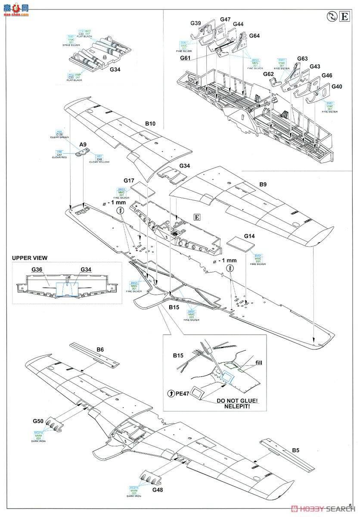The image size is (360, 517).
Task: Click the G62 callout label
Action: (x=268, y=74)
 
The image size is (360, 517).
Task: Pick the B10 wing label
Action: (x=150, y=124)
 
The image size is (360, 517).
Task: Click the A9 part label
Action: (x=83, y=145)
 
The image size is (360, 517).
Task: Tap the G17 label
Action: (x=129, y=181)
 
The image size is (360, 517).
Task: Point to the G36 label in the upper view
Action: (x=37, y=269)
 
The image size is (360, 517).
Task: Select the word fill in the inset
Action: (x=258, y=363)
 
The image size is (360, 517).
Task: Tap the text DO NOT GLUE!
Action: (x=239, y=401)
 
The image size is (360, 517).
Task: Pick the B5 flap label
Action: (x=295, y=451)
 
